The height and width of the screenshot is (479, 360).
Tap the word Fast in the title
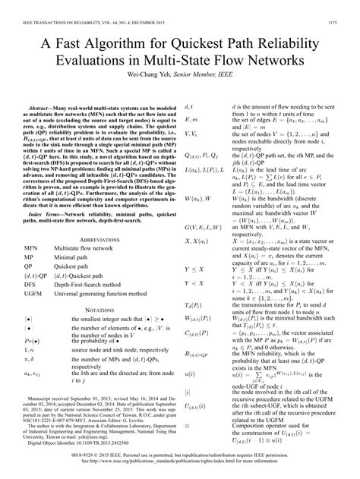81,43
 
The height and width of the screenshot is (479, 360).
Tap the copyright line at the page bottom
180,468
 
